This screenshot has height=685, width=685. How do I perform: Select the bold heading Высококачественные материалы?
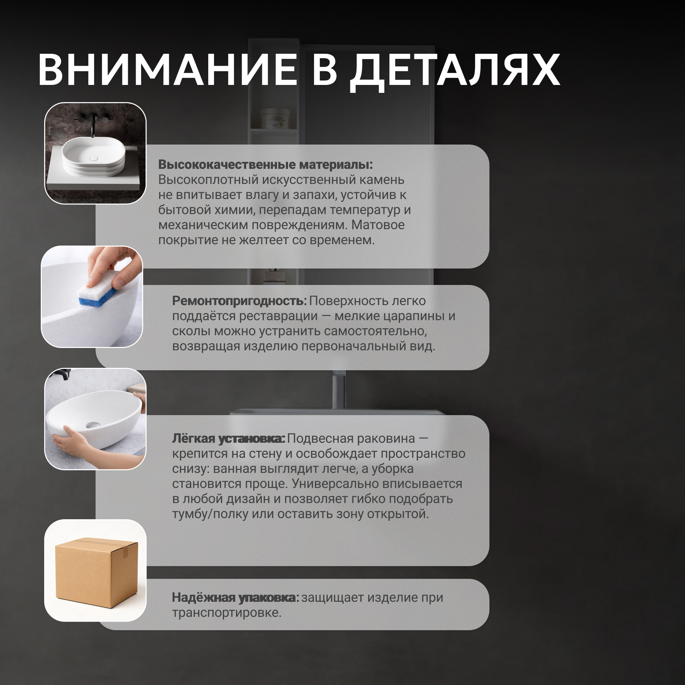(x=265, y=164)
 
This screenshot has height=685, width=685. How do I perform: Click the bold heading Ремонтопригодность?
(x=239, y=301)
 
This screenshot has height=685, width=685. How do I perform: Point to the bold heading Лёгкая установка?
(x=228, y=439)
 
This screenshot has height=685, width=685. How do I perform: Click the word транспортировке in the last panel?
(x=226, y=613)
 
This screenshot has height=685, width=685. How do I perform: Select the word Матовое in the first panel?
(x=378, y=225)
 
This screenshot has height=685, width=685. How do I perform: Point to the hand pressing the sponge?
(x=113, y=265)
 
